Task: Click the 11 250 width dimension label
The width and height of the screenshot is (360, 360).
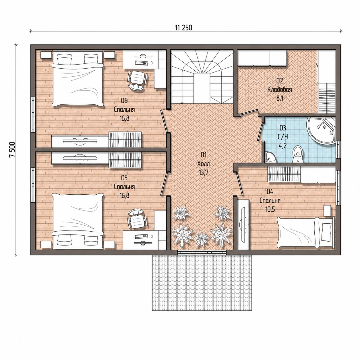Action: point(184,28)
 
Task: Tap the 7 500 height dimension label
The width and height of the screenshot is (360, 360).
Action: point(12,150)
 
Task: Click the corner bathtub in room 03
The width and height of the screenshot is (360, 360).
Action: point(321,131)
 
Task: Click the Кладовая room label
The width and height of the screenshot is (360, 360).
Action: point(280,90)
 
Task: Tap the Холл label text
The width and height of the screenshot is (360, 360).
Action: point(204,164)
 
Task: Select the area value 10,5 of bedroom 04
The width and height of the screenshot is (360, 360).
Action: point(270,209)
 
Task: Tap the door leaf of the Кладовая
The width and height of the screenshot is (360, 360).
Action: point(248,112)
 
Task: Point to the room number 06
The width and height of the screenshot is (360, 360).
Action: point(124,101)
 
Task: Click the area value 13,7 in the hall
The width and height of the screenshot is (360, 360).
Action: point(204,173)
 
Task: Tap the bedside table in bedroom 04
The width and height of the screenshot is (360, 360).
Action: point(327,211)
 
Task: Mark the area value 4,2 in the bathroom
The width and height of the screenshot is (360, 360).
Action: point(283,145)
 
